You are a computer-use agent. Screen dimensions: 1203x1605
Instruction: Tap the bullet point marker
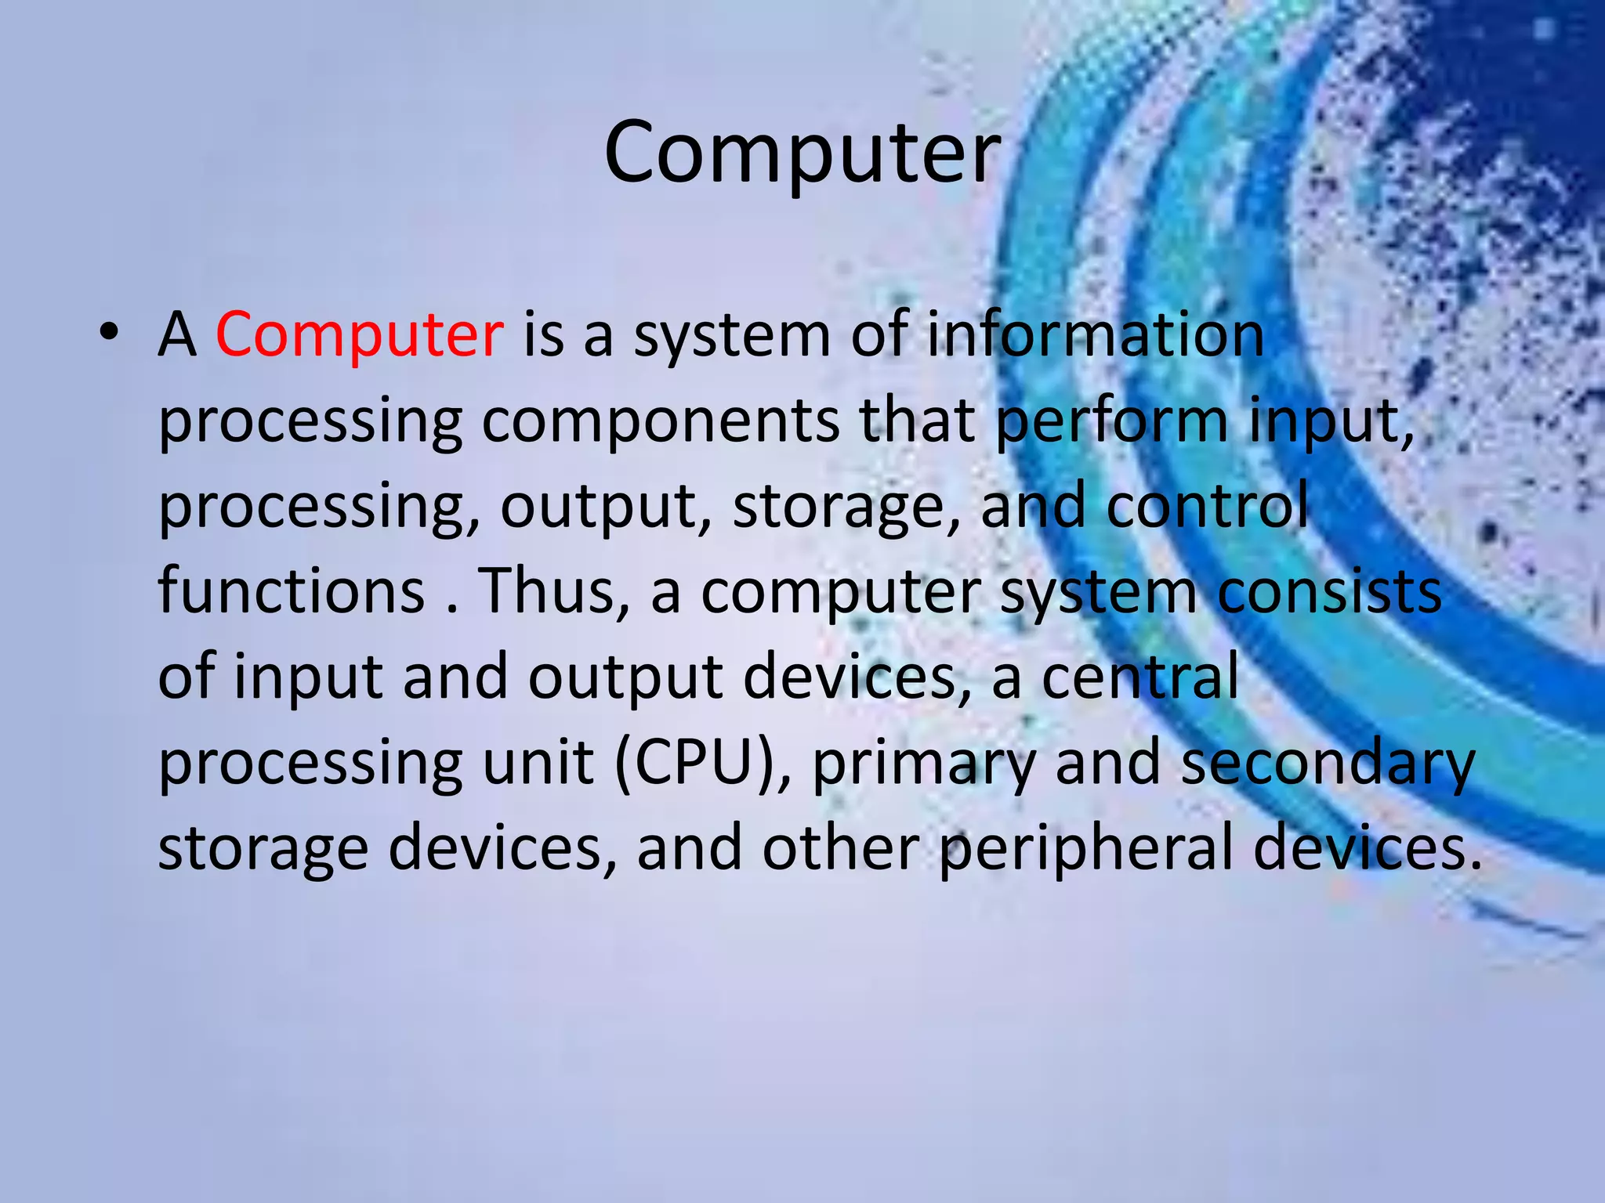pyautogui.click(x=110, y=332)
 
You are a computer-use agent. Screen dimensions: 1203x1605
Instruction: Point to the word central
pyautogui.click(x=1140, y=677)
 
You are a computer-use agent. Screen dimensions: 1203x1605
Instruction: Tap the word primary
pyautogui.click(x=924, y=764)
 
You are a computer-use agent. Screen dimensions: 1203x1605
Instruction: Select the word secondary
pyautogui.click(x=1328, y=763)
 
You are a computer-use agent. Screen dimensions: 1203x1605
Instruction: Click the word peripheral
pyautogui.click(x=1086, y=849)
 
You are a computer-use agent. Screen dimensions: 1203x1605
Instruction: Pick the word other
pyautogui.click(x=841, y=849)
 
